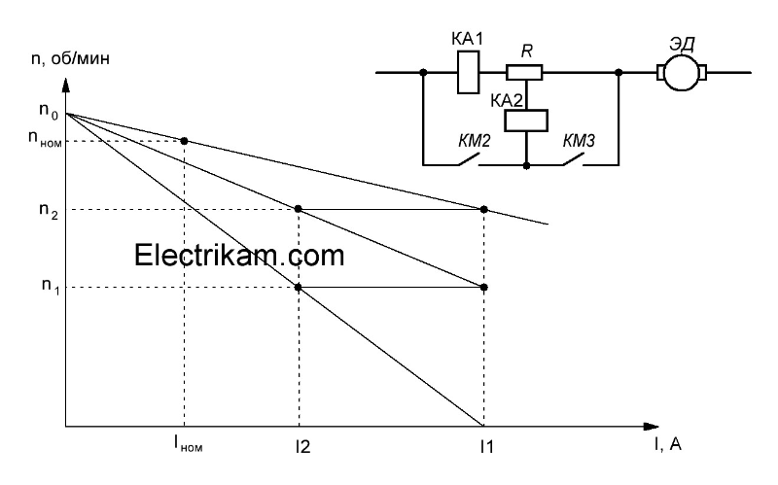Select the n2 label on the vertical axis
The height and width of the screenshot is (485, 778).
click(x=46, y=209)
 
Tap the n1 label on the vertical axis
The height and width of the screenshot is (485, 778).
click(x=46, y=288)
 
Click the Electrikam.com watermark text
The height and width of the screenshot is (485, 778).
click(x=239, y=256)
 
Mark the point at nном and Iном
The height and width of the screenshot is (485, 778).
click(x=185, y=141)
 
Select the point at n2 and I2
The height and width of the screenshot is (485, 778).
click(x=299, y=209)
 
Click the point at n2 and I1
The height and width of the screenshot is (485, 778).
click(x=484, y=209)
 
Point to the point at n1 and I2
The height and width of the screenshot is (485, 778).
click(x=299, y=287)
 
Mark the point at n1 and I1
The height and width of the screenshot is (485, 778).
click(x=484, y=287)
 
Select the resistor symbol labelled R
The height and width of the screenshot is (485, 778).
click(x=526, y=72)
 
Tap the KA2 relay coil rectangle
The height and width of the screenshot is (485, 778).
click(x=526, y=119)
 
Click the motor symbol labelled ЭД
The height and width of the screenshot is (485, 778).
click(x=682, y=72)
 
